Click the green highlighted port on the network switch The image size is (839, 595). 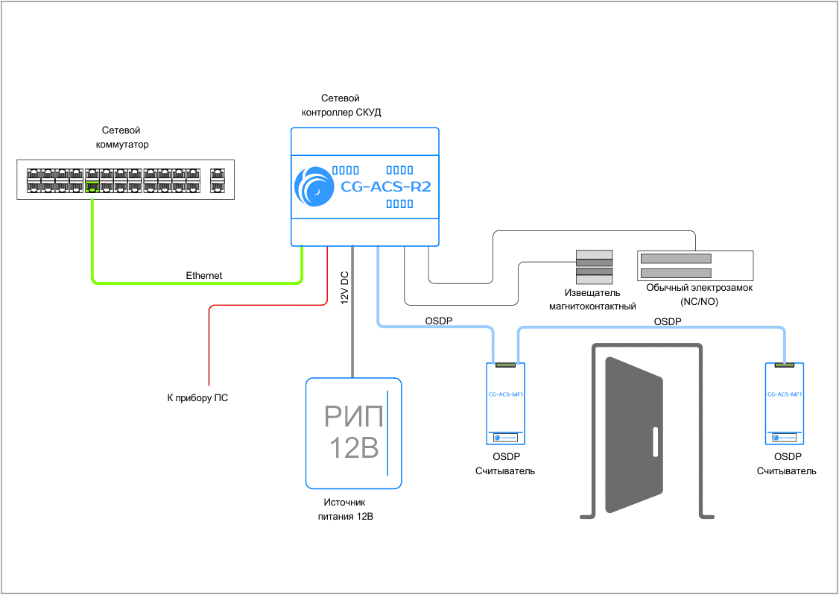(x=92, y=186)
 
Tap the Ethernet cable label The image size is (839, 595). (x=203, y=276)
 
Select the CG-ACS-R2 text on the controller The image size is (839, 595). (x=385, y=187)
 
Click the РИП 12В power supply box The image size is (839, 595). (x=354, y=432)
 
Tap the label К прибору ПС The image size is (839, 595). (x=197, y=398)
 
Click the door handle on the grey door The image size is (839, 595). (x=656, y=442)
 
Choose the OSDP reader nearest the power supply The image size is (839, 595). (x=506, y=403)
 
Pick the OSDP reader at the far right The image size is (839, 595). (x=784, y=403)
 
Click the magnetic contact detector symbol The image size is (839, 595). (x=593, y=268)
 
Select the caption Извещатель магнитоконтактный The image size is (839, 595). (x=592, y=300)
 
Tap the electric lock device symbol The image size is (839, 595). (x=695, y=265)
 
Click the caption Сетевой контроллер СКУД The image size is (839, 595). (x=341, y=105)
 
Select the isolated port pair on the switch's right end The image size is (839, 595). (x=218, y=180)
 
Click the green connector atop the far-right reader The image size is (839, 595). (x=784, y=365)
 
